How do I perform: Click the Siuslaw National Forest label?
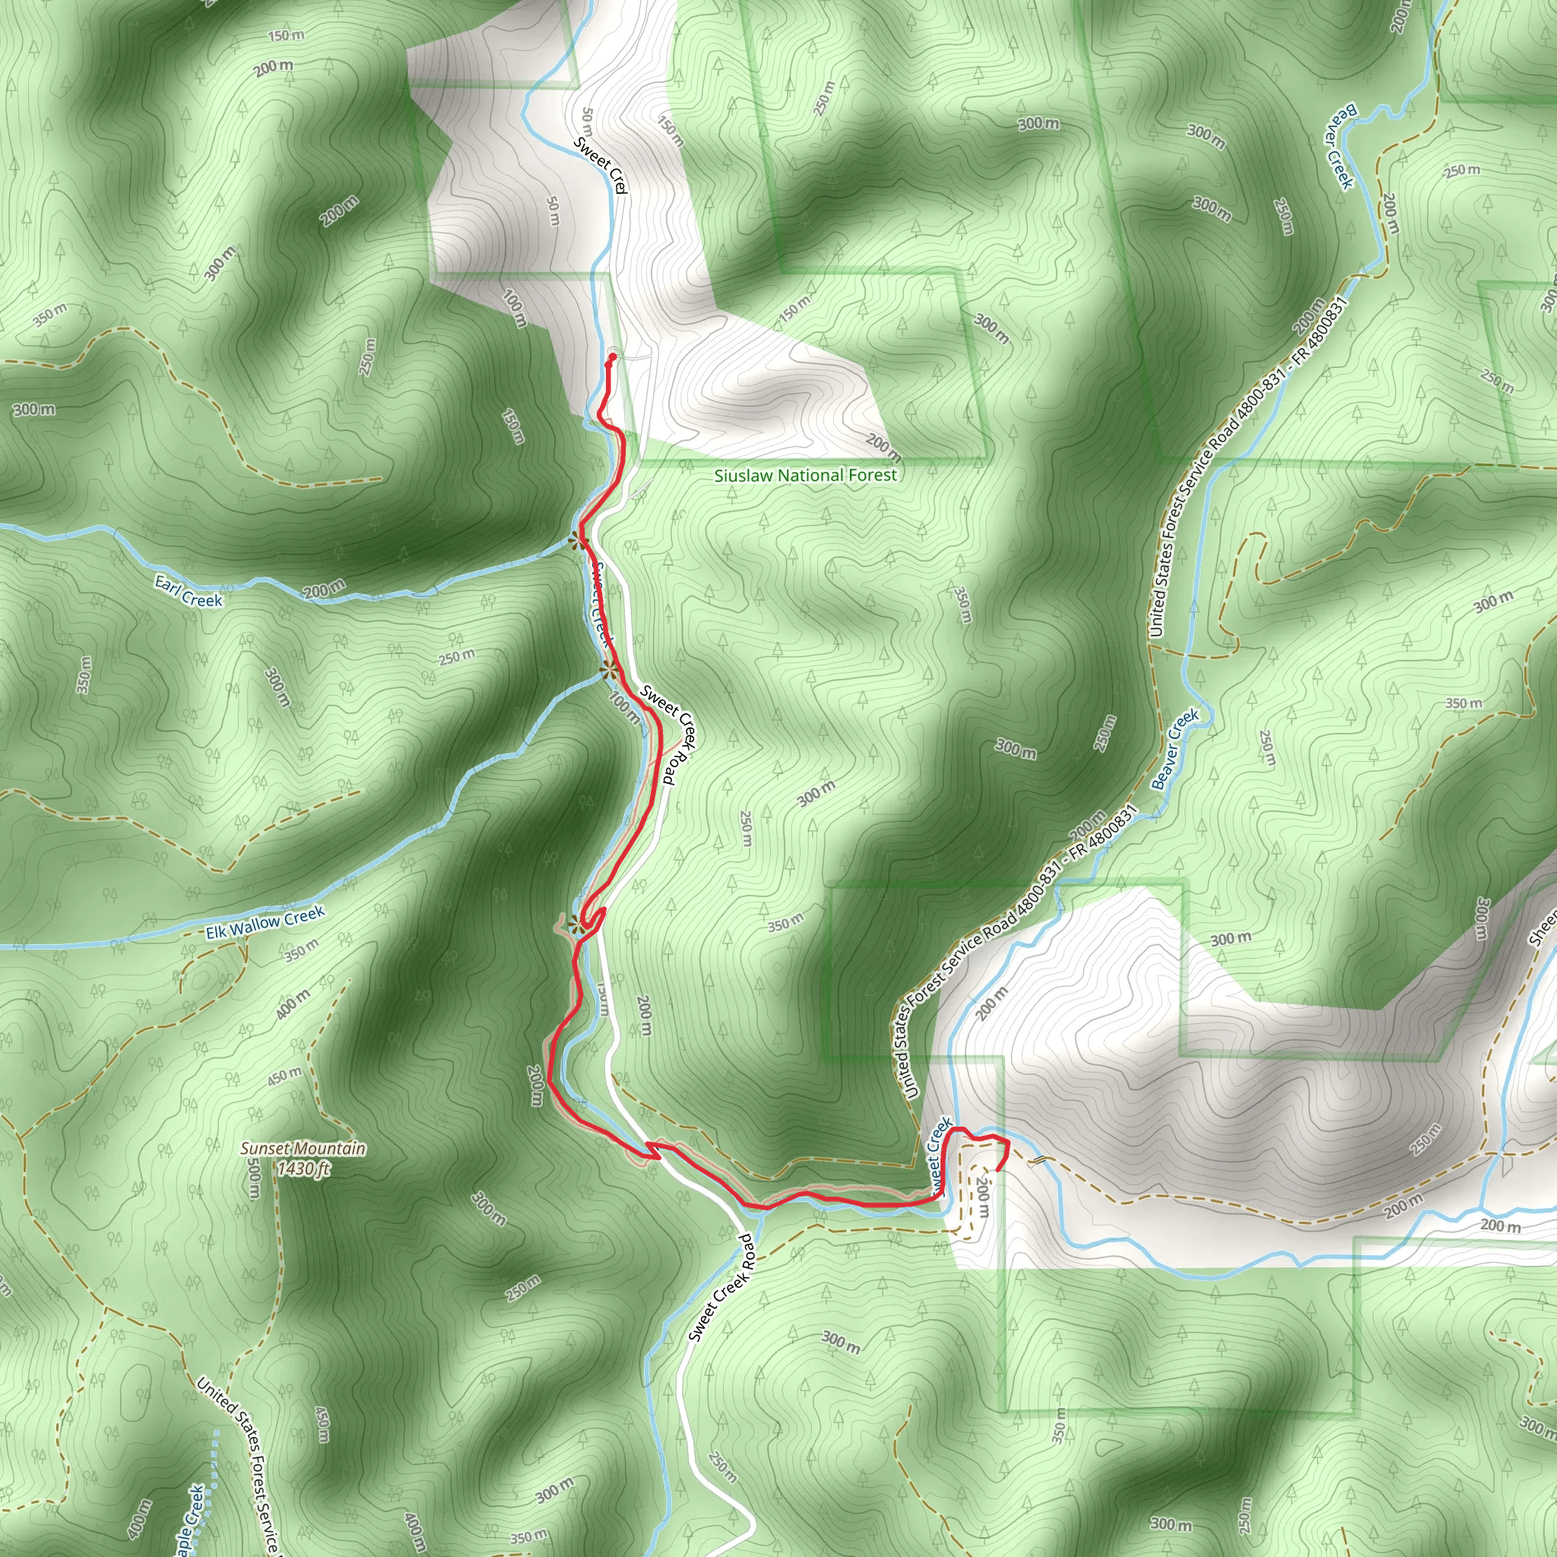click(x=805, y=475)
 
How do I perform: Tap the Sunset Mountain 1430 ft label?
click(x=304, y=1158)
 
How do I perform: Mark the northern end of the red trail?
click(x=613, y=357)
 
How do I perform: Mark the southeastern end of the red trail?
click(x=998, y=1170)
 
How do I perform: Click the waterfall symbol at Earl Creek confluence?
click(x=577, y=541)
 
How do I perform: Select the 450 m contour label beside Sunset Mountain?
click(x=284, y=1076)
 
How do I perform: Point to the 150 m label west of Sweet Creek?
click(x=513, y=427)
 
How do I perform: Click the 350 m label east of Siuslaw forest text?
click(x=962, y=604)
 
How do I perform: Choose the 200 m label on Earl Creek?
click(x=324, y=590)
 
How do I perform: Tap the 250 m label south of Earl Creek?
click(x=456, y=657)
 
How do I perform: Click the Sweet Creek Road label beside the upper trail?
click(x=668, y=734)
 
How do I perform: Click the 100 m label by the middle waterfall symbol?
click(x=625, y=708)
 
